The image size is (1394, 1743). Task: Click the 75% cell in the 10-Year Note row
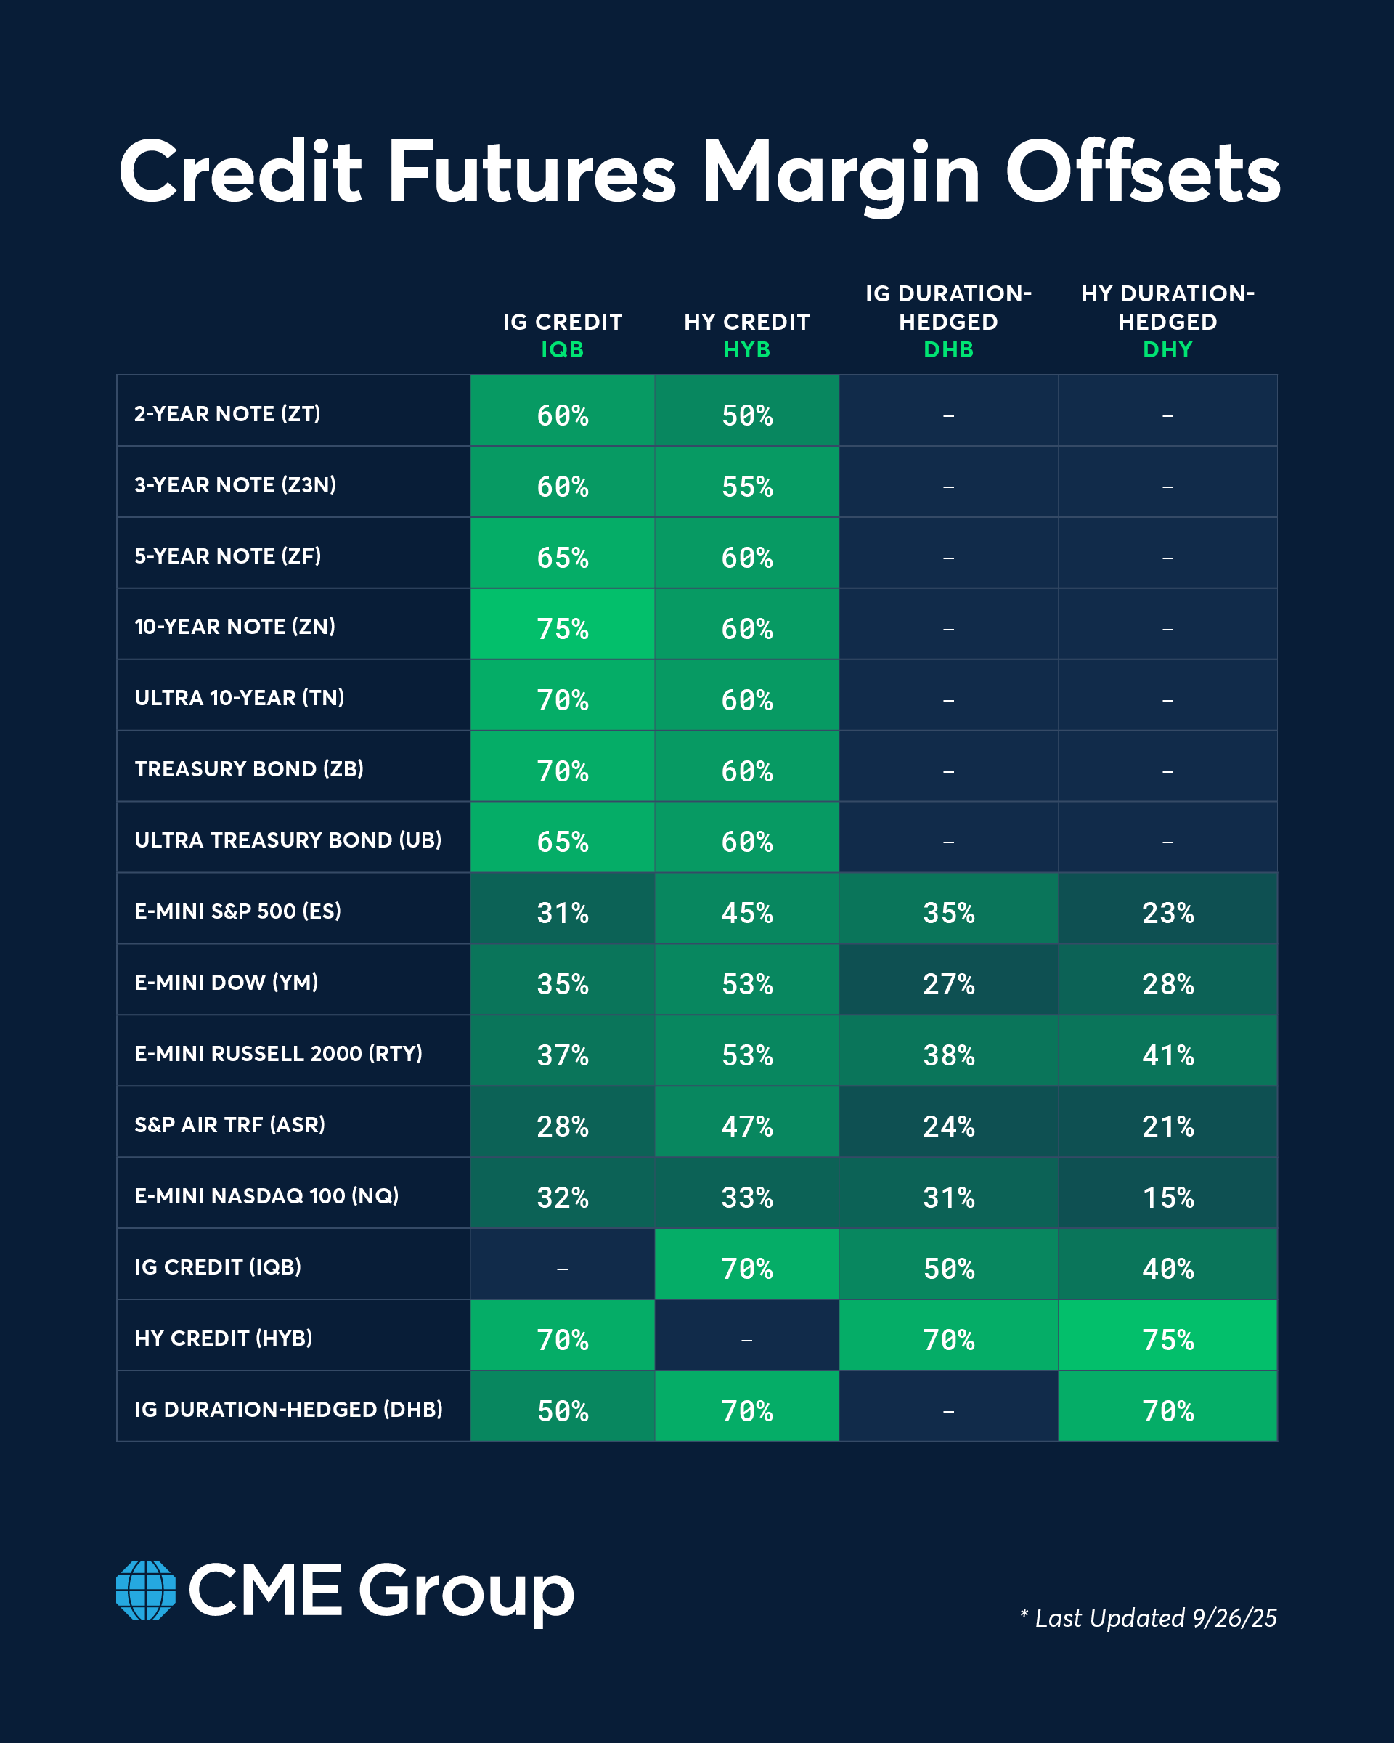(x=563, y=628)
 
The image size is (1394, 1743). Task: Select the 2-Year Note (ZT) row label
(x=227, y=414)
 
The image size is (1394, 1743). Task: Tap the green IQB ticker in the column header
(x=563, y=349)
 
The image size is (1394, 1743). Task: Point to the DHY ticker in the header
(x=1167, y=349)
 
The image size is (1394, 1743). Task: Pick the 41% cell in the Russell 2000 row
(x=1167, y=1055)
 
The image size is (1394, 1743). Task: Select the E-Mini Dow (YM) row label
(x=227, y=983)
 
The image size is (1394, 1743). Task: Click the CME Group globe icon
(x=146, y=1590)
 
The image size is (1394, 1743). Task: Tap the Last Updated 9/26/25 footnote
(x=1149, y=1617)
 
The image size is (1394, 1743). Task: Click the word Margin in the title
(x=841, y=174)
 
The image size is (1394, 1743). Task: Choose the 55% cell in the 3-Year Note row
(x=746, y=486)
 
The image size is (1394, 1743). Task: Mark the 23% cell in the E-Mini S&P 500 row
(x=1167, y=913)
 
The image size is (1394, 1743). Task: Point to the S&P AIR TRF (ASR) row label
(x=229, y=1124)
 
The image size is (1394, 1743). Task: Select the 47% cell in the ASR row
(x=746, y=1126)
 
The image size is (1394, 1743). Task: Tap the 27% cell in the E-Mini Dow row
(x=948, y=984)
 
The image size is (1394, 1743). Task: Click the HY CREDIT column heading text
(x=746, y=322)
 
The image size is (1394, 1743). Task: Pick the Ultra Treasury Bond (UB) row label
(x=288, y=840)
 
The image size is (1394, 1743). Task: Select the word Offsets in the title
(x=1143, y=174)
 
